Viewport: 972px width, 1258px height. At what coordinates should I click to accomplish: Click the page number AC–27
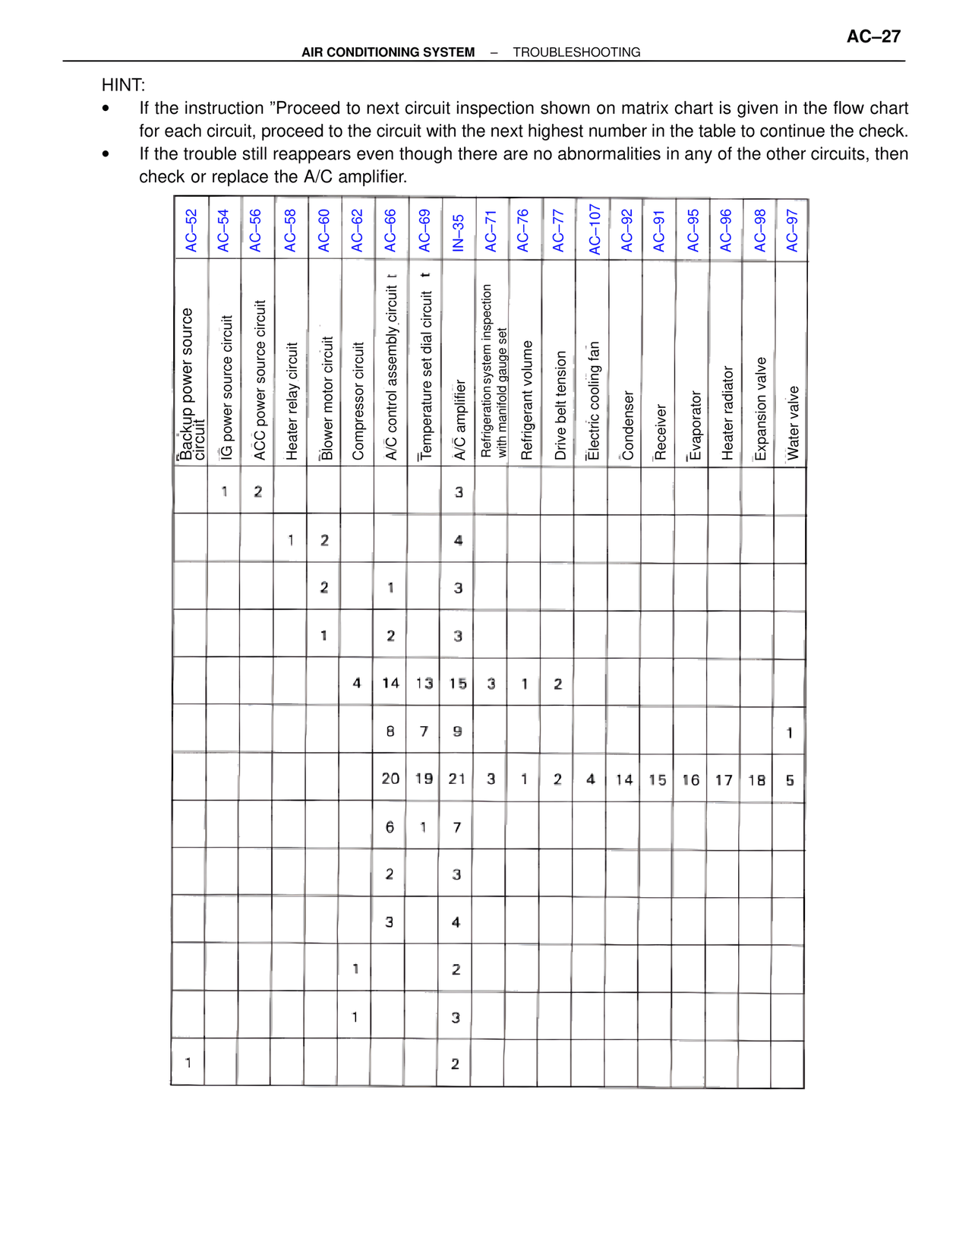[873, 36]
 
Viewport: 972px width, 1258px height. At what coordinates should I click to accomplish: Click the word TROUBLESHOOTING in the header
[576, 52]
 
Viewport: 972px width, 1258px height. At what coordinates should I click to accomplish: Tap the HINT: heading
[123, 85]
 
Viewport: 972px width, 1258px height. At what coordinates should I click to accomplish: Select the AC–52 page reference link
[191, 231]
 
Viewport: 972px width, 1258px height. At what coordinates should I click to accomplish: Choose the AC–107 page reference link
[594, 229]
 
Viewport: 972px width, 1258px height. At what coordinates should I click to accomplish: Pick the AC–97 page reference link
[792, 231]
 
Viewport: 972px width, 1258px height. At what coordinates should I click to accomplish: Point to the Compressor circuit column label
[358, 401]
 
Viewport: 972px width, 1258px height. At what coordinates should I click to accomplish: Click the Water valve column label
[793, 422]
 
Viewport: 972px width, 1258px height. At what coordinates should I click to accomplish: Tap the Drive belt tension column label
[560, 405]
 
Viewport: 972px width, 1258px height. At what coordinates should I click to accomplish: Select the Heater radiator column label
[727, 413]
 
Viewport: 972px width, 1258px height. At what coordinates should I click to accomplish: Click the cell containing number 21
[457, 779]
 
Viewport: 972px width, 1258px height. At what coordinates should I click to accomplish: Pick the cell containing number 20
[390, 779]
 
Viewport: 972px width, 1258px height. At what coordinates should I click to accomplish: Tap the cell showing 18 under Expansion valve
[756, 780]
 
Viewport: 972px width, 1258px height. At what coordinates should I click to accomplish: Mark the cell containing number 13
[424, 684]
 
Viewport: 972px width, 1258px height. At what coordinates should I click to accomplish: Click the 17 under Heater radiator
[724, 780]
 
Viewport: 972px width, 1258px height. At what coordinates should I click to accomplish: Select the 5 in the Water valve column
[790, 780]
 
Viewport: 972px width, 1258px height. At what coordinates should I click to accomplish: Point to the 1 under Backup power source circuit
[188, 1063]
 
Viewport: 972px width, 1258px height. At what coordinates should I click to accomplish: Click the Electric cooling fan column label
[594, 401]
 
